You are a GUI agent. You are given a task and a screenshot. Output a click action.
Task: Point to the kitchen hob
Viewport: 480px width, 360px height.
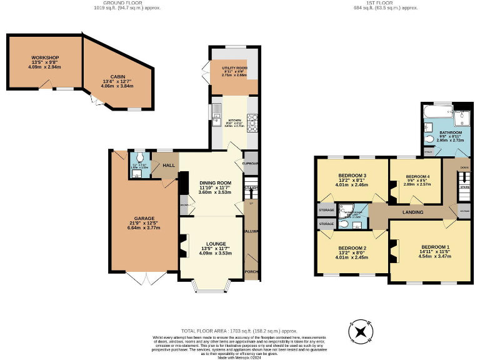(254, 121)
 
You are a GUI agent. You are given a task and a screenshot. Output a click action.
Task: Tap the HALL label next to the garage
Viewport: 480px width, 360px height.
(168, 166)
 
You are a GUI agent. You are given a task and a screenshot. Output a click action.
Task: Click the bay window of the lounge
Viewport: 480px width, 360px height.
(211, 287)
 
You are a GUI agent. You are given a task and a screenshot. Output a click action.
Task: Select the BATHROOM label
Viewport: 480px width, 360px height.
(450, 132)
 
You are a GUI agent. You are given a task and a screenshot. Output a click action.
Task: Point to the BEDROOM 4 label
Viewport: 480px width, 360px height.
(417, 176)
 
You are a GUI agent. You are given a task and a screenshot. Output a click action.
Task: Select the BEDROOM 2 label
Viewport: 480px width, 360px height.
(351, 248)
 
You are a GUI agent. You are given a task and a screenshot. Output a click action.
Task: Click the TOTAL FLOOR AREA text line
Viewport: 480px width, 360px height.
(240, 331)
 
